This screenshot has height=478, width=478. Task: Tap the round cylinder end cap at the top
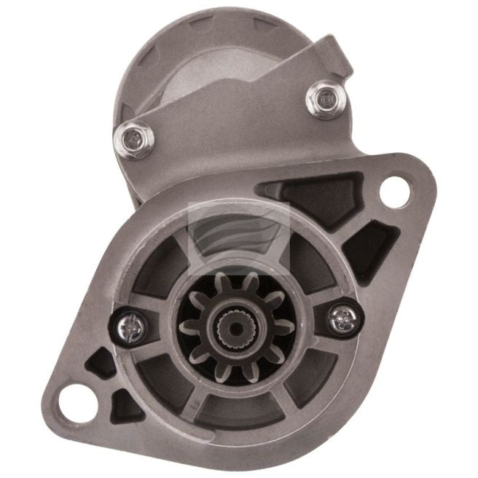(x=219, y=51)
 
